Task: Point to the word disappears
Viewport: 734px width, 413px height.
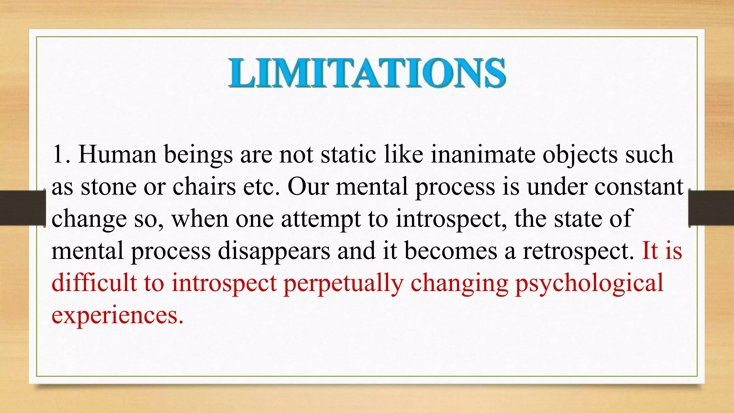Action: point(274,251)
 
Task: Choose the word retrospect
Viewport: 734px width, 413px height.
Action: point(578,251)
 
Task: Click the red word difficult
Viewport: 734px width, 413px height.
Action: point(94,283)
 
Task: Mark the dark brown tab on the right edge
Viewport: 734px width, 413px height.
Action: point(711,208)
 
